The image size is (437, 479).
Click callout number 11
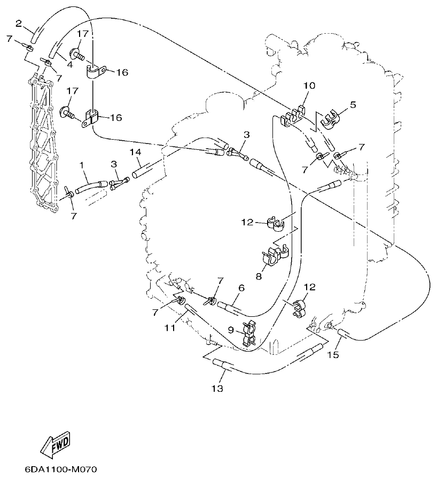point(169,328)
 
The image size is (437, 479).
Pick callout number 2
point(19,23)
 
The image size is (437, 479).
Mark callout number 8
point(259,277)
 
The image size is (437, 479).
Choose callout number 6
point(241,288)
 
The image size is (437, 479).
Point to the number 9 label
point(231,330)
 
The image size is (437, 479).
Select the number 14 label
point(135,152)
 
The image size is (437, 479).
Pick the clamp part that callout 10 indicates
point(291,117)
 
